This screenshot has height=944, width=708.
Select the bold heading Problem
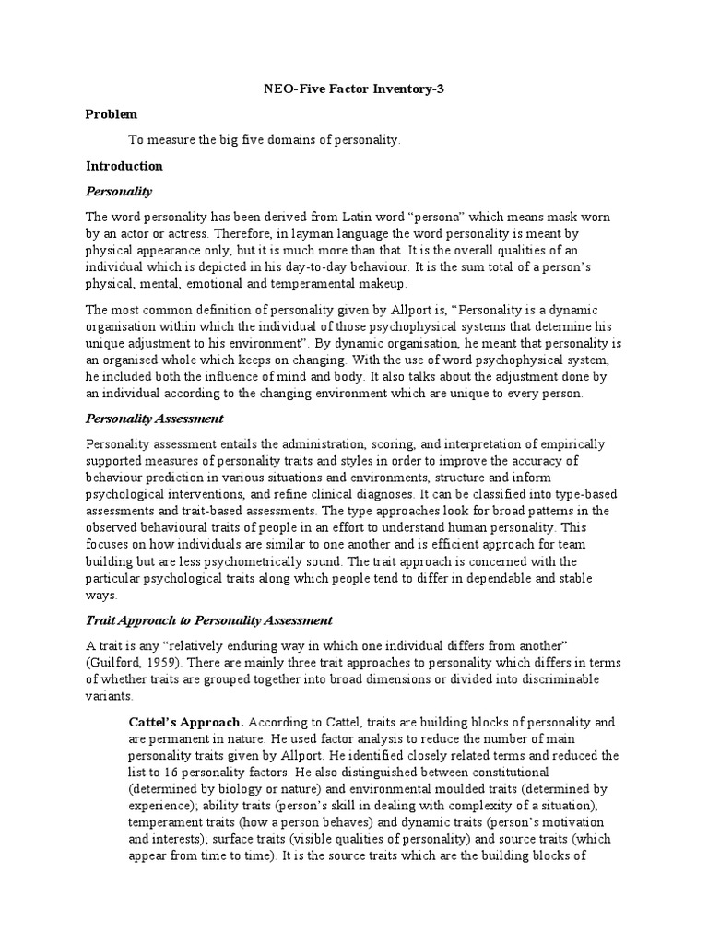pyautogui.click(x=111, y=114)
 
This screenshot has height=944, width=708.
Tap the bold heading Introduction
pyautogui.click(x=124, y=166)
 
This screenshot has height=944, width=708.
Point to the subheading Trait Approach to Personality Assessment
pyautogui.click(x=209, y=619)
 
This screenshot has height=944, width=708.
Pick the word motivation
pyautogui.click(x=570, y=822)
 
